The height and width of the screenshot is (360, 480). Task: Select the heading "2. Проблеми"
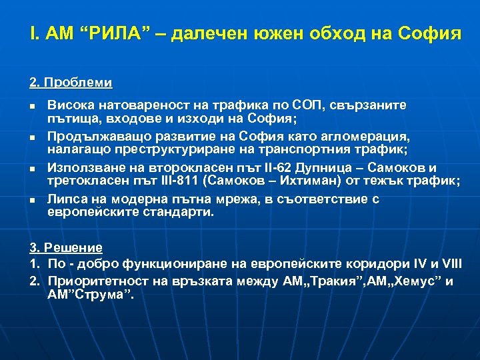(71, 84)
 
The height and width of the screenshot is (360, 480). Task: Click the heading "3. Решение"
(65, 247)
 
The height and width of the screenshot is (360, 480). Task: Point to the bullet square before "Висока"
(33, 106)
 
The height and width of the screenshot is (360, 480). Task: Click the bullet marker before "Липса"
(33, 200)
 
